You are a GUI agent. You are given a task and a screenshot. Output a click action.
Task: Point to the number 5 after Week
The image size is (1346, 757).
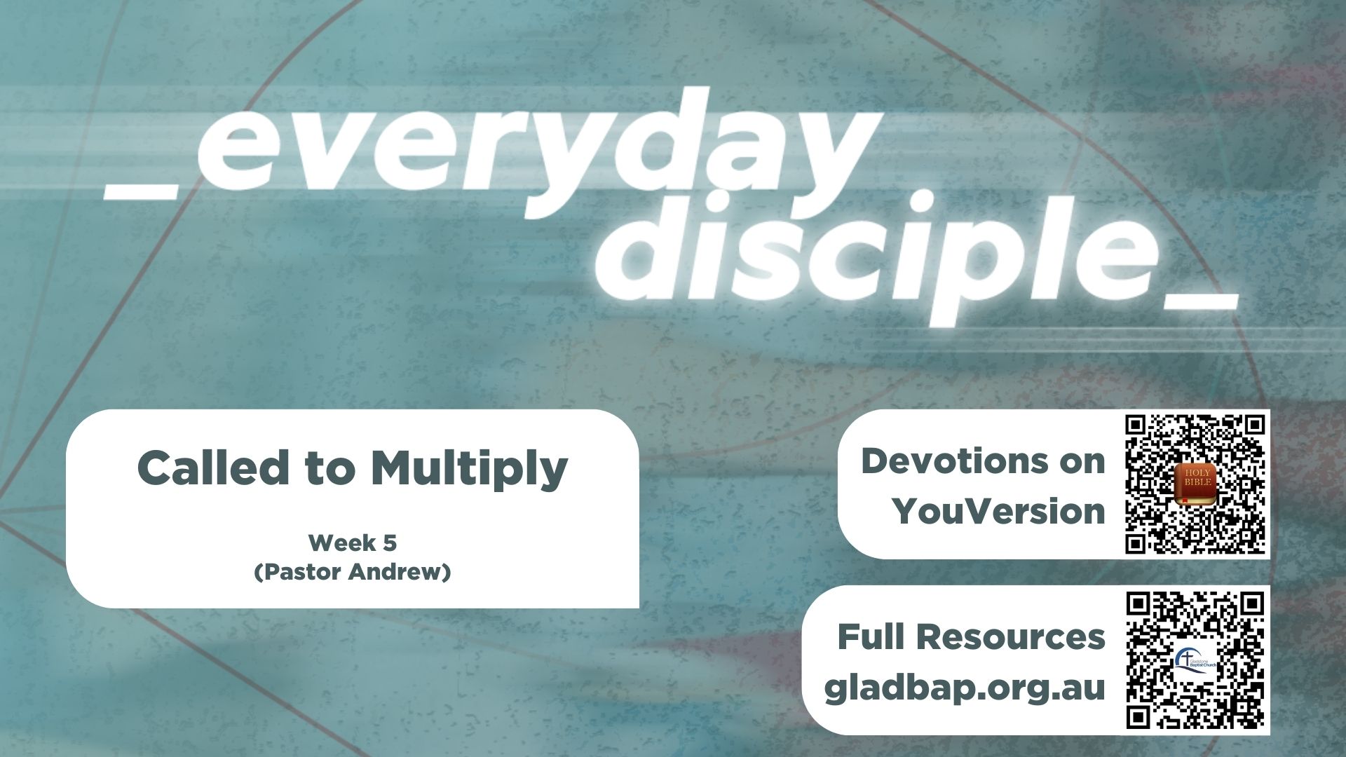[x=390, y=543]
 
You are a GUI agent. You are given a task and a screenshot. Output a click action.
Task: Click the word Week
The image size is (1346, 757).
[x=342, y=543]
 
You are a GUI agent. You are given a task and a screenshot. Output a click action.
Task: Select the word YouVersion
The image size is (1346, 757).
[x=998, y=511]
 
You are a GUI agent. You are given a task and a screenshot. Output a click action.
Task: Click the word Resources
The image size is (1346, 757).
[x=1010, y=637]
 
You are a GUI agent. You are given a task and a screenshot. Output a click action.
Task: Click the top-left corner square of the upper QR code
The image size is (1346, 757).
[x=1136, y=425]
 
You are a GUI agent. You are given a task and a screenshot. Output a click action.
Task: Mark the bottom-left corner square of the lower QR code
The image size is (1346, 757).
[x=1137, y=718]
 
